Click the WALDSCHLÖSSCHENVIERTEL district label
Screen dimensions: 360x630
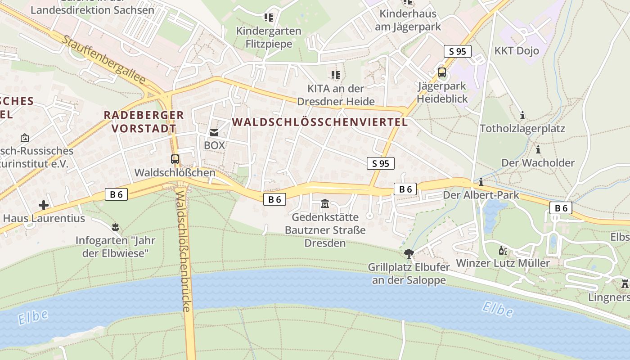[320, 122]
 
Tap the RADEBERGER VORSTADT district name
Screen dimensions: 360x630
[144, 121]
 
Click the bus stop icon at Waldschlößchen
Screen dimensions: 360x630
[175, 159]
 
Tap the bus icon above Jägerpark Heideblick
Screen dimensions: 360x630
[442, 72]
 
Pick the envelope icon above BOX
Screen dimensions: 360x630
[214, 133]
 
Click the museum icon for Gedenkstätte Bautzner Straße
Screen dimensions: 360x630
[325, 205]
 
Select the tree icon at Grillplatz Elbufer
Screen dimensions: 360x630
[409, 254]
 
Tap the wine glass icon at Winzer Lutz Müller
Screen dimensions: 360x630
[503, 251]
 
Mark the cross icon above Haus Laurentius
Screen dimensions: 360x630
[44, 206]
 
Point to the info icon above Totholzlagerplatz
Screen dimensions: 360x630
[522, 116]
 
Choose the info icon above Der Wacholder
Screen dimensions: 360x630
[538, 149]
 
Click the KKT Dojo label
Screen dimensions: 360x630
[517, 51]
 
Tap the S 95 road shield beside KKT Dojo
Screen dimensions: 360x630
[458, 51]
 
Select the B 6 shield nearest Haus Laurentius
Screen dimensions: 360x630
[116, 194]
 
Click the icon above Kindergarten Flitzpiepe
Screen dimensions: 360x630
[269, 18]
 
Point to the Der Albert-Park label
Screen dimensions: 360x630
[481, 195]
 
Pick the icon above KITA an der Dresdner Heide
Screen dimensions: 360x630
[335, 75]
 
